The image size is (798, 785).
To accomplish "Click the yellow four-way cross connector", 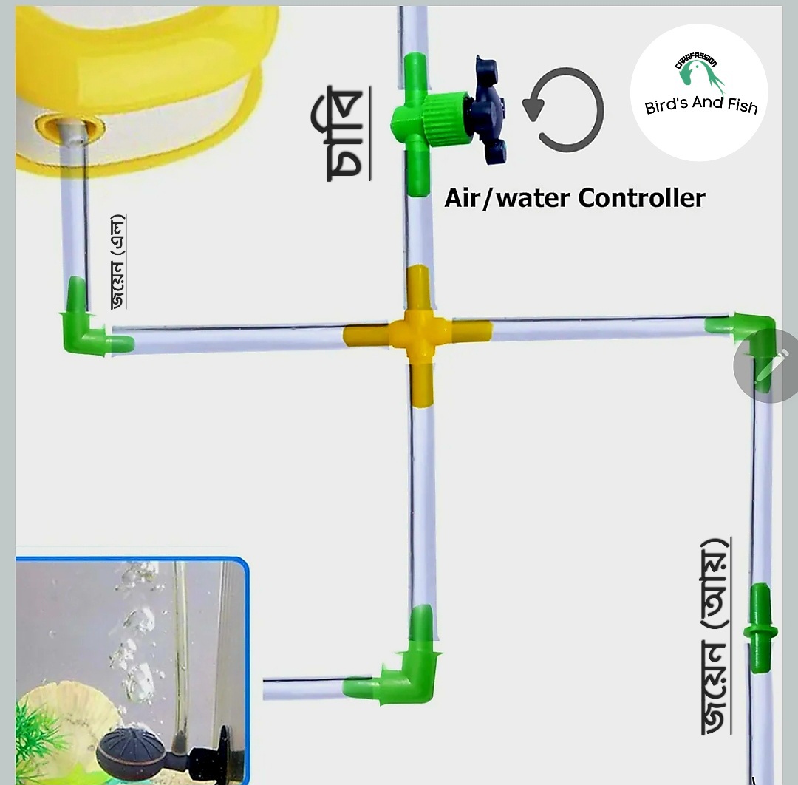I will pos(419,334).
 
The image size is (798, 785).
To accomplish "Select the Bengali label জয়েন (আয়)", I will pos(715,636).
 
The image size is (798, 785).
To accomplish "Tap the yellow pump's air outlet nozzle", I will pos(70,130).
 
